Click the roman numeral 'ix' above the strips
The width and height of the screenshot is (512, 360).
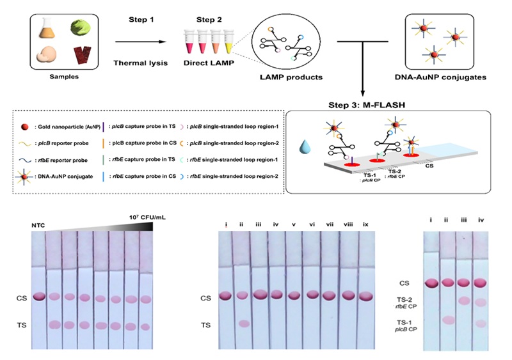click(x=367, y=224)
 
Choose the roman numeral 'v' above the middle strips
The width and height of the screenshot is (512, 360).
click(x=294, y=224)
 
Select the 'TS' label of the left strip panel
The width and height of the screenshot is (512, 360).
click(x=23, y=325)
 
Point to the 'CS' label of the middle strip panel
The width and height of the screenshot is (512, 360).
click(x=205, y=297)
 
